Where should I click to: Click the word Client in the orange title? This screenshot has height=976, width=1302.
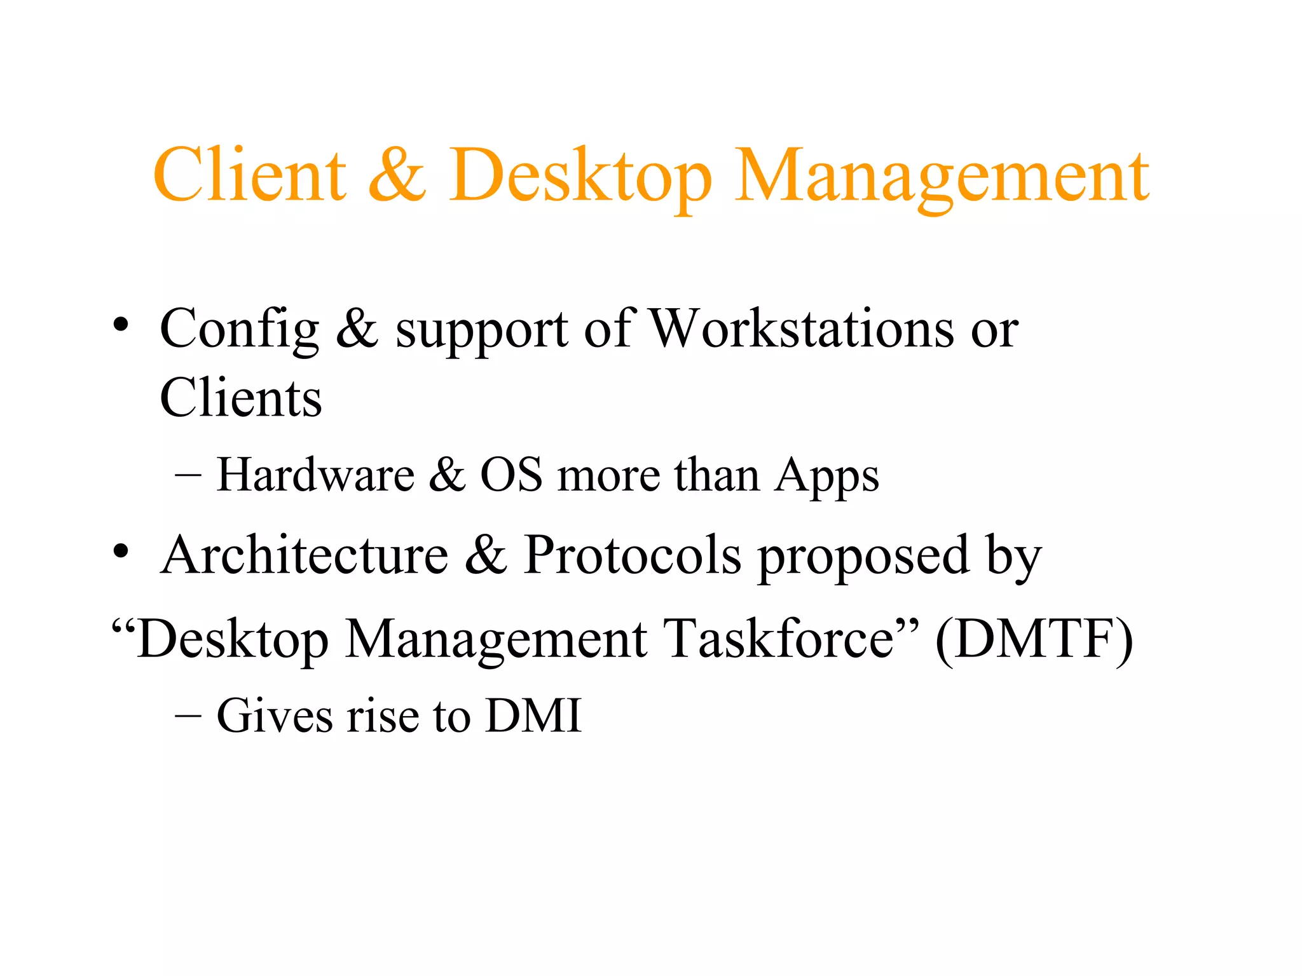point(250,174)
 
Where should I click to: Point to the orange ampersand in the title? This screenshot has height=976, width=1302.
point(397,174)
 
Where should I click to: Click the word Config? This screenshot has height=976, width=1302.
point(239,330)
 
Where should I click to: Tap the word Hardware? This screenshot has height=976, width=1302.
point(315,475)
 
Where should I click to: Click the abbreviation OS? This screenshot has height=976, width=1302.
point(511,475)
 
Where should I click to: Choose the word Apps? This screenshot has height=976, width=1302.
point(826,477)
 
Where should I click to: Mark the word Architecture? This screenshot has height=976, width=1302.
point(305,555)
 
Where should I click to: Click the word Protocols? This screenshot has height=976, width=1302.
point(633,555)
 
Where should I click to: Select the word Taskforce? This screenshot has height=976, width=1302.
point(781,638)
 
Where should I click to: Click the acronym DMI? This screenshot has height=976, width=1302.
point(533,715)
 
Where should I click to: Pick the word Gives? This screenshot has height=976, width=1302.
point(275,715)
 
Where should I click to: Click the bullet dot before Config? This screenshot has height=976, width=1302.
point(121,326)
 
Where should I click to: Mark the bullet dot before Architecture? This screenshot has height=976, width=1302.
point(121,550)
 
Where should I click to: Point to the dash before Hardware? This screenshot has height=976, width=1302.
point(188,475)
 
